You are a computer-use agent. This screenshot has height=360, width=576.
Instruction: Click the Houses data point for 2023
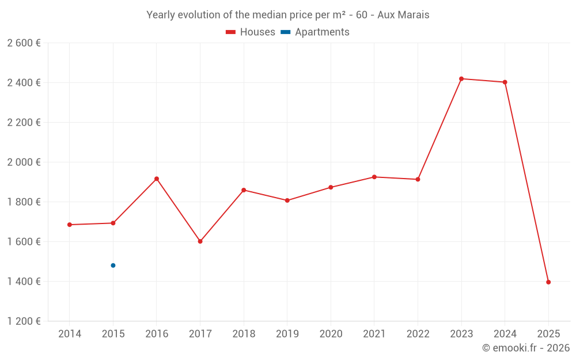461,79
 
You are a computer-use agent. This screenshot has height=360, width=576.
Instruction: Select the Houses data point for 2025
548,282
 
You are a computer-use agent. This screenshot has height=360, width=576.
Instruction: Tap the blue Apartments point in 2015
113,266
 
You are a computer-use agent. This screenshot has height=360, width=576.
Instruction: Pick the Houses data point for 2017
200,241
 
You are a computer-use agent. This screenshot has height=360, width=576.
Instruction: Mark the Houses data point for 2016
157,179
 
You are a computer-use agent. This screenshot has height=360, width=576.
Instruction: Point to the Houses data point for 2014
70,225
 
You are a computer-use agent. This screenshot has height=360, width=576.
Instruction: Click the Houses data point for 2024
505,82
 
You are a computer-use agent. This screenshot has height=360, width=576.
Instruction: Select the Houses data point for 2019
287,200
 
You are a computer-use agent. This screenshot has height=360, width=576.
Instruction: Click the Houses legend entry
250,32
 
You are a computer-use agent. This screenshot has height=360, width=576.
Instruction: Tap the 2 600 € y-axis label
24,43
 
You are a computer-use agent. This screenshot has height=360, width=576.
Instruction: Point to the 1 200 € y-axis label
24,321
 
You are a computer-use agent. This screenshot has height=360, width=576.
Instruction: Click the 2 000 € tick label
24,162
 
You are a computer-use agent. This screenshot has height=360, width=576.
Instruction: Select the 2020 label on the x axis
331,334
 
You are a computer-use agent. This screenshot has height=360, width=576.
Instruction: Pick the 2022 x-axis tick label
418,334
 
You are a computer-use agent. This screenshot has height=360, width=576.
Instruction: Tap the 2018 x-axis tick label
244,334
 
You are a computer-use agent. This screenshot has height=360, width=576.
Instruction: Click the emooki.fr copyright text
525,348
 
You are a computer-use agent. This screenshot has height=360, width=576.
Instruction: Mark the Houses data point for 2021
374,177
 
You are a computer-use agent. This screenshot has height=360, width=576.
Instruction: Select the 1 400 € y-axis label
24,282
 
